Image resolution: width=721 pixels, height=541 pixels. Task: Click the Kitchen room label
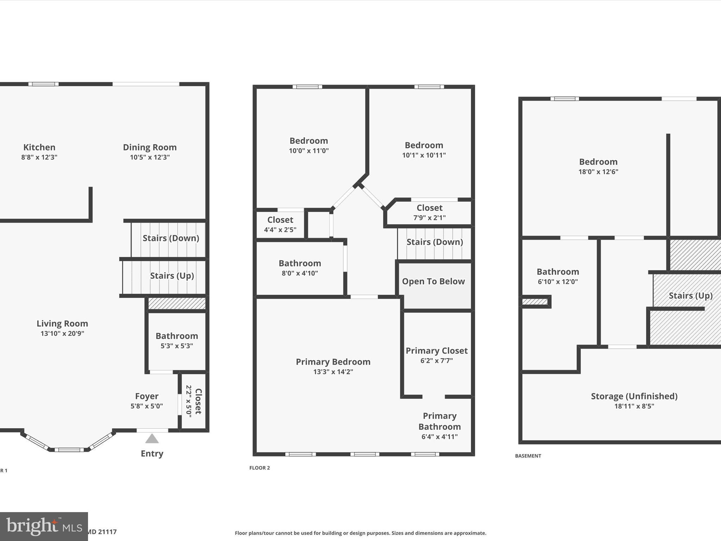click(39, 147)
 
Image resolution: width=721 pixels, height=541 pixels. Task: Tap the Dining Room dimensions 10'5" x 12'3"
click(150, 157)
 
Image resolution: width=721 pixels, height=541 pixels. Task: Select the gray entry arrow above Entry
click(152, 439)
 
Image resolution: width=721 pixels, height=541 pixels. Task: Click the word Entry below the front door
click(152, 454)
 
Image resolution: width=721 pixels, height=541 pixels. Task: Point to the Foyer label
click(147, 396)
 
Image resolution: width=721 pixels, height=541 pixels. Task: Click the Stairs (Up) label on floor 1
click(172, 276)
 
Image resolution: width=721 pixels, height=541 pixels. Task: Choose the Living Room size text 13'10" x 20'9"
click(62, 334)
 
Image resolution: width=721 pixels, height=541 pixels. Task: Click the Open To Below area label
click(433, 281)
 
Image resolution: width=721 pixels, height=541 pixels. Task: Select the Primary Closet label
click(437, 351)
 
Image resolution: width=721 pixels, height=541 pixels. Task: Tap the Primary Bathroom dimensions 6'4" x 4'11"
click(439, 437)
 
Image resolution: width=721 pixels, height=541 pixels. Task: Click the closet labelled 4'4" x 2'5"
click(280, 224)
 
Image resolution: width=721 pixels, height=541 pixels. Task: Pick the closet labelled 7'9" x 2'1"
click(429, 212)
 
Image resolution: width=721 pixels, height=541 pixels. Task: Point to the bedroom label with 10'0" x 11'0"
click(309, 141)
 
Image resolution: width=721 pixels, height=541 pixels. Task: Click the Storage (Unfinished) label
click(634, 396)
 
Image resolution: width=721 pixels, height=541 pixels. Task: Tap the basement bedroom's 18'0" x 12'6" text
click(598, 172)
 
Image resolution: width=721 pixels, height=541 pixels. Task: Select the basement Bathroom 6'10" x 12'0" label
click(558, 276)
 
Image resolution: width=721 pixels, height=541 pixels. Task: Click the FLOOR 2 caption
click(259, 468)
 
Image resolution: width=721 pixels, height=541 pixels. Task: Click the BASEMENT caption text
click(528, 456)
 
